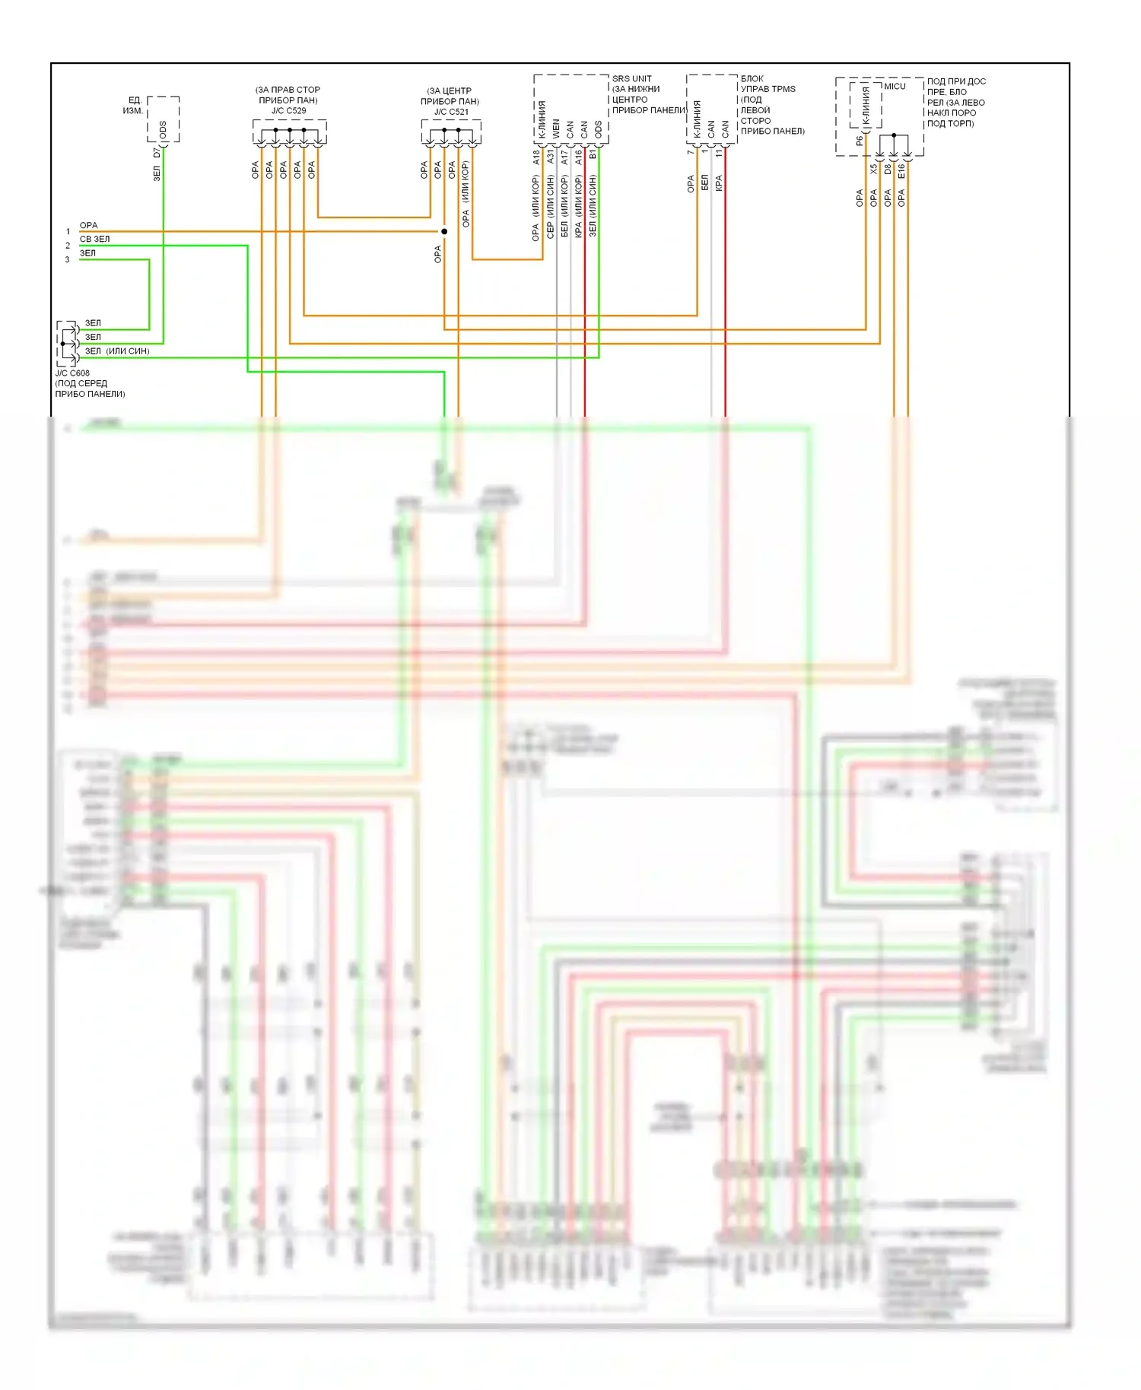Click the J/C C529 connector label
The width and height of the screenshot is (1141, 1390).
tap(288, 111)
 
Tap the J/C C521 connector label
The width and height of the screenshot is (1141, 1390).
tap(451, 112)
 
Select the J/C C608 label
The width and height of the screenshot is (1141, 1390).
tap(72, 373)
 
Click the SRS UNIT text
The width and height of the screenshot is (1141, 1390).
tap(631, 79)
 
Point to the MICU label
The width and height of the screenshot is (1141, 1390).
tap(895, 87)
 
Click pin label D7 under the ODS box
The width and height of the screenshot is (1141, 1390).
tap(157, 153)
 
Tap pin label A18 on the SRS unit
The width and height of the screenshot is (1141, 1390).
tap(536, 157)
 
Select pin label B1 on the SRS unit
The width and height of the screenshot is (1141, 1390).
tap(593, 154)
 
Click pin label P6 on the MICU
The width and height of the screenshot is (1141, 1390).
tap(860, 141)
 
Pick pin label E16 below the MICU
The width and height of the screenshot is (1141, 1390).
tap(901, 171)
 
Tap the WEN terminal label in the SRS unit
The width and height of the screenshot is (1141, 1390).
tap(556, 129)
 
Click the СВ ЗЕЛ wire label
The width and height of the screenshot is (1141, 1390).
tap(95, 239)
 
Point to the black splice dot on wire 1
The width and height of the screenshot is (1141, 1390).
tap(444, 231)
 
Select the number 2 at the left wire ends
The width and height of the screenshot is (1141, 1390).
tap(68, 246)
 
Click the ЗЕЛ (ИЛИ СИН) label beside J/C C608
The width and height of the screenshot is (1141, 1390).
tap(116, 351)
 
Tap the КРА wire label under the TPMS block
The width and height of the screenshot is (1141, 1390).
tap(719, 183)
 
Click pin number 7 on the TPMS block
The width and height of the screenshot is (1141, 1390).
tap(690, 153)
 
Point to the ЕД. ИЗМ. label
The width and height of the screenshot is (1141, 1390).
tap(133, 106)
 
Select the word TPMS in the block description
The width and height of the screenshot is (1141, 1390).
tap(783, 89)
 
